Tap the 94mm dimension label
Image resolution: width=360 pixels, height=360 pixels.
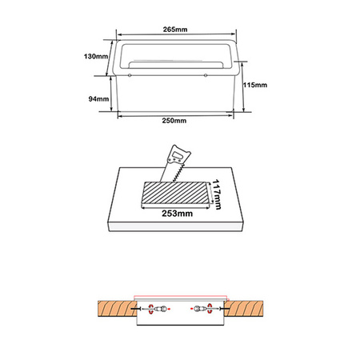click(98, 98)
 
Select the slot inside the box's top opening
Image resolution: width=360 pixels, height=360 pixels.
click(174, 60)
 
